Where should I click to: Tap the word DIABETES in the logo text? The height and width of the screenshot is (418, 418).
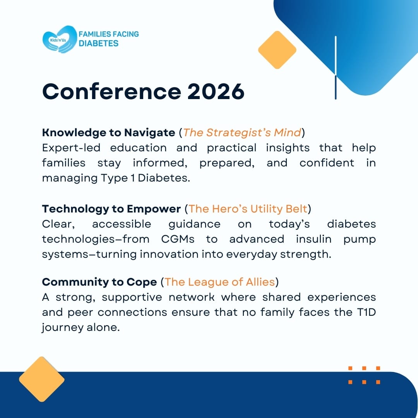[98, 43]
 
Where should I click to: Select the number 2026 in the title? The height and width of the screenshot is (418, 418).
[216, 91]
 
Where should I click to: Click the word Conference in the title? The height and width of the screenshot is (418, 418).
[112, 91]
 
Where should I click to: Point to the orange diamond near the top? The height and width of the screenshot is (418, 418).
[277, 50]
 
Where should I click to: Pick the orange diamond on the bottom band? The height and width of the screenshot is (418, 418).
[41, 379]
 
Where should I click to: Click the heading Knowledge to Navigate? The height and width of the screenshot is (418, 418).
[108, 132]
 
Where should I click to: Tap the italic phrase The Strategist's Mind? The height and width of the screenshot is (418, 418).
[242, 132]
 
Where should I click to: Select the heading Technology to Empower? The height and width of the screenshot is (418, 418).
[111, 209]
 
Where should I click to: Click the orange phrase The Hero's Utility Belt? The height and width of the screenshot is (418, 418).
[248, 209]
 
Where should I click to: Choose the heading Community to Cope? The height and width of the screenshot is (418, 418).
[99, 282]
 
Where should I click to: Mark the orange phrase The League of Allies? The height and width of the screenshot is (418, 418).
[220, 282]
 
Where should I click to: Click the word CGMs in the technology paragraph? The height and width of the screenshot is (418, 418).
[178, 239]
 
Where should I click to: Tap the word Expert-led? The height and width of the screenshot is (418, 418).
[71, 148]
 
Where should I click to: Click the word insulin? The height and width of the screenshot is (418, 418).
[314, 239]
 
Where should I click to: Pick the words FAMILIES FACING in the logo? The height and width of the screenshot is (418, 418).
[109, 34]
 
